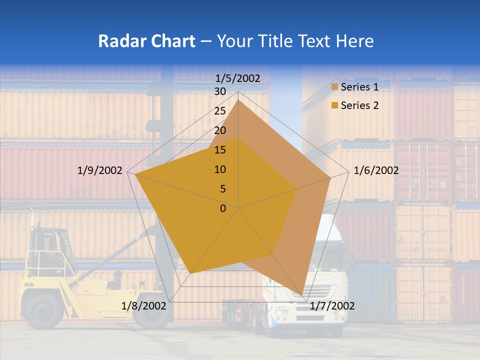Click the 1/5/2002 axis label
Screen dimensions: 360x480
(238, 78)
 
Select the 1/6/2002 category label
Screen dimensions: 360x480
(376, 170)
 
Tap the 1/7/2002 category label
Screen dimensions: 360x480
(332, 306)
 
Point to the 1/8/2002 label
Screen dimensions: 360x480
(144, 306)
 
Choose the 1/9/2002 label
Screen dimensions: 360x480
(100, 170)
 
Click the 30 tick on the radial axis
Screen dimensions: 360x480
(220, 91)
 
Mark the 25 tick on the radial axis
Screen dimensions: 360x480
(220, 111)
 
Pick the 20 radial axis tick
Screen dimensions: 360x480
(220, 130)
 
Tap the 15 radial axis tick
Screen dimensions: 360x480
(220, 150)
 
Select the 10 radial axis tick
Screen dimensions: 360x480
(220, 169)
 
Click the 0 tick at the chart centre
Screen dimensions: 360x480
(223, 208)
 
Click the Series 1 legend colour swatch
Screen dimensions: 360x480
(335, 87)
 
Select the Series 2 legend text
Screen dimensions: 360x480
(359, 105)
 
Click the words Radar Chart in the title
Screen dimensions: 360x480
(146, 41)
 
